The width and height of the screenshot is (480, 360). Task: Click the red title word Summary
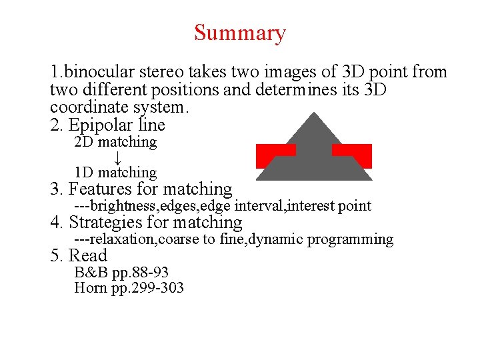pyautogui.click(x=240, y=33)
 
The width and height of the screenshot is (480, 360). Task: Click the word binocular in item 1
pyautogui.click(x=92, y=72)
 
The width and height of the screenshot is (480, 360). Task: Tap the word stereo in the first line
pyautogui.click(x=162, y=72)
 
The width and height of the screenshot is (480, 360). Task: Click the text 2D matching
pyautogui.click(x=115, y=142)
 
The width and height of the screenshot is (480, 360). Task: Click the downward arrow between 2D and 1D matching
pyautogui.click(x=117, y=157)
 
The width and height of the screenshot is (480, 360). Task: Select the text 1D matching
pyautogui.click(x=115, y=173)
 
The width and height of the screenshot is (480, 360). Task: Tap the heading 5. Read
pyautogui.click(x=79, y=256)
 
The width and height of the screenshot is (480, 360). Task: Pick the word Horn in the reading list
pyautogui.click(x=90, y=288)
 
